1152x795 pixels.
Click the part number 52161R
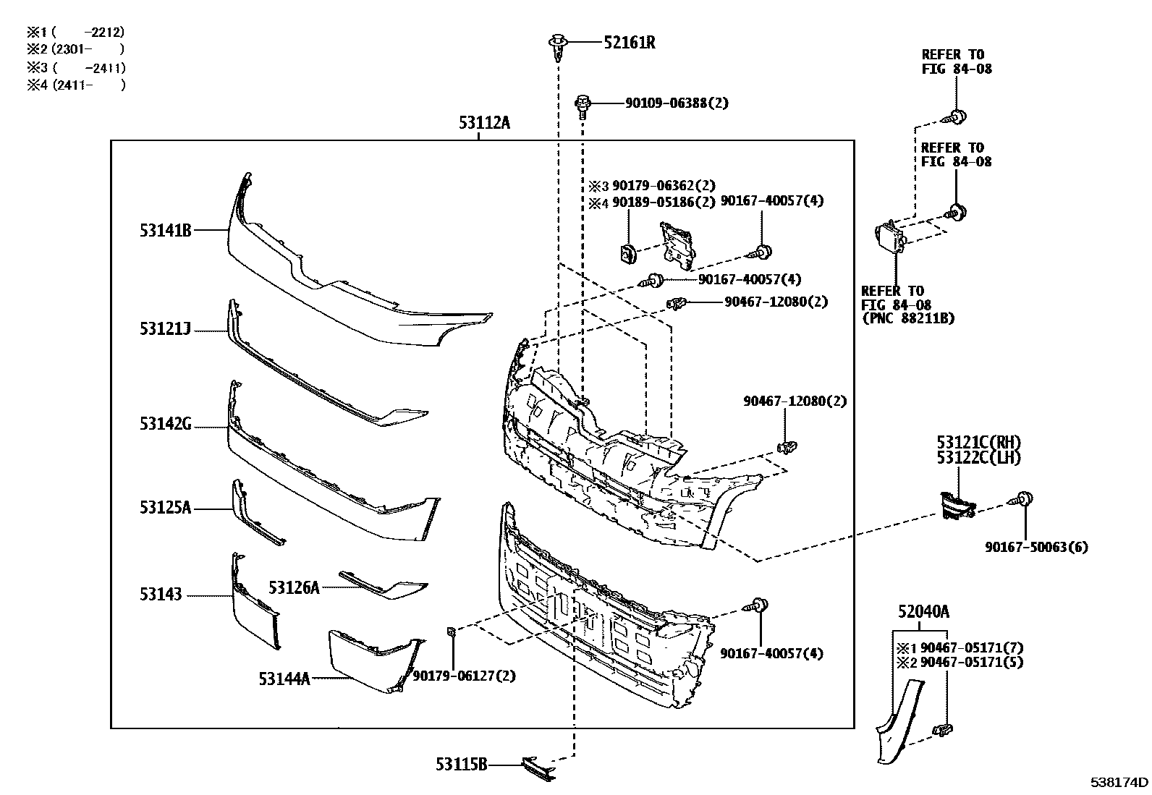point(629,43)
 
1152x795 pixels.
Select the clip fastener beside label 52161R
point(557,44)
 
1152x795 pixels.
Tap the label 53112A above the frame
point(483,123)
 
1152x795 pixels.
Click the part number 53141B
point(166,231)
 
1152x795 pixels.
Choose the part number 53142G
point(166,424)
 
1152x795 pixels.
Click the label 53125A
point(166,508)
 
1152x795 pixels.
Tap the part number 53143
point(161,595)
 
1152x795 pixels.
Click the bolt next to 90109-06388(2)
point(583,104)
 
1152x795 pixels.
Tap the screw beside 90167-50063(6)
point(1025,499)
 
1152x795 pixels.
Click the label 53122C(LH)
point(978,457)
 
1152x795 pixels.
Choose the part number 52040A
point(923,613)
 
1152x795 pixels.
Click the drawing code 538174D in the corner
point(1119,782)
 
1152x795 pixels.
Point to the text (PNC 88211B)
point(907,318)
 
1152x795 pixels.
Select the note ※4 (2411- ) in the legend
point(76,85)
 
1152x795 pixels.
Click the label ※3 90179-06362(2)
point(651,186)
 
